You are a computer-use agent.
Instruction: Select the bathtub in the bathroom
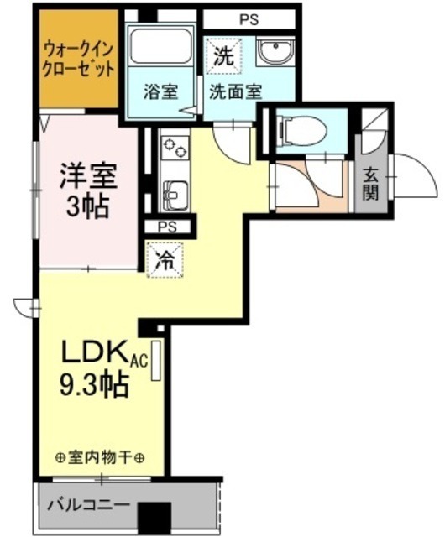[160, 52]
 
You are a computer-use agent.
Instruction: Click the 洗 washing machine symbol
[225, 57]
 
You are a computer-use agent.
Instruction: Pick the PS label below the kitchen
[167, 226]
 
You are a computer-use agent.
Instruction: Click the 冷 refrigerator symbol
[165, 260]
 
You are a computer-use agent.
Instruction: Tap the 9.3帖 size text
[93, 384]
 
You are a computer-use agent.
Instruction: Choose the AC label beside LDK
[139, 361]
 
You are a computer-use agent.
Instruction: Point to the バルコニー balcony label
[88, 506]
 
